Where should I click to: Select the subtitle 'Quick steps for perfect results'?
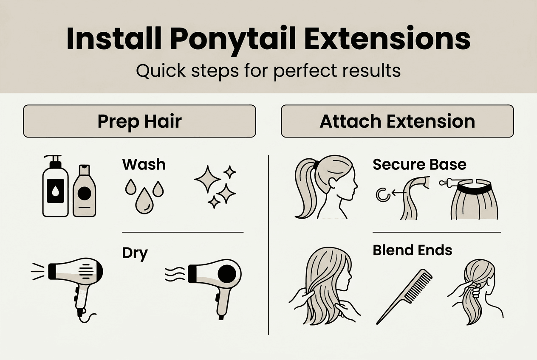(x=268, y=70)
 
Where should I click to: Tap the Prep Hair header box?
(x=139, y=121)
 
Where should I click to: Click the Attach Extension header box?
(x=397, y=121)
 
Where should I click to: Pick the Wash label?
(x=144, y=164)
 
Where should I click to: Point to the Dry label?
(x=135, y=253)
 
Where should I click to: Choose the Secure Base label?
(x=419, y=164)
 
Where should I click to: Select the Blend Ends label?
(x=412, y=250)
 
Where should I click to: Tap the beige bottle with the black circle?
(x=85, y=191)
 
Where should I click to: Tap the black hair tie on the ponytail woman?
(x=316, y=164)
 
